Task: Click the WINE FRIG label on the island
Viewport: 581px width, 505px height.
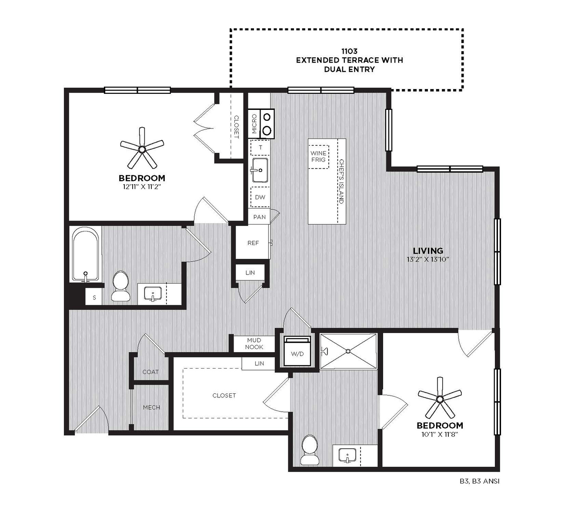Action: click(x=318, y=156)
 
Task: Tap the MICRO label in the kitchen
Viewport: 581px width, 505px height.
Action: click(x=254, y=124)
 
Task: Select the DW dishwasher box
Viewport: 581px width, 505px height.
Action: click(x=260, y=197)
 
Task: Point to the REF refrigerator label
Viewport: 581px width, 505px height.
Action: click(x=253, y=243)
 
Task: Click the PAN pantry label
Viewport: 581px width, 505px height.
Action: click(x=260, y=217)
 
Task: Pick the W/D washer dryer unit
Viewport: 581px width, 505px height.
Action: click(x=297, y=351)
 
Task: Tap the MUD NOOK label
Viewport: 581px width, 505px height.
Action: click(x=254, y=343)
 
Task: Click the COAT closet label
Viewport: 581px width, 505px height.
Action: click(x=150, y=372)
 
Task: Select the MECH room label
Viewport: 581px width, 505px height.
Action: click(x=151, y=407)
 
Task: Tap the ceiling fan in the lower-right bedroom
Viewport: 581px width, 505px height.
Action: click(x=440, y=398)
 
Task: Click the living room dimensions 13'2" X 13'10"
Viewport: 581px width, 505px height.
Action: click(x=427, y=259)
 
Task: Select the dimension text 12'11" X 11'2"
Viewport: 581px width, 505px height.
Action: click(x=142, y=187)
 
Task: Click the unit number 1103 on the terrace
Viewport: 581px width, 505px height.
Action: click(x=349, y=51)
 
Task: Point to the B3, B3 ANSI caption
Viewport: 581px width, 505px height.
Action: click(x=479, y=482)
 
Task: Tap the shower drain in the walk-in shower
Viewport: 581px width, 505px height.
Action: click(x=348, y=351)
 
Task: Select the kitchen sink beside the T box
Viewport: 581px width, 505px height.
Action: click(x=260, y=170)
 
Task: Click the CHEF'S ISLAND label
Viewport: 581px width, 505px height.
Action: click(x=341, y=182)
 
